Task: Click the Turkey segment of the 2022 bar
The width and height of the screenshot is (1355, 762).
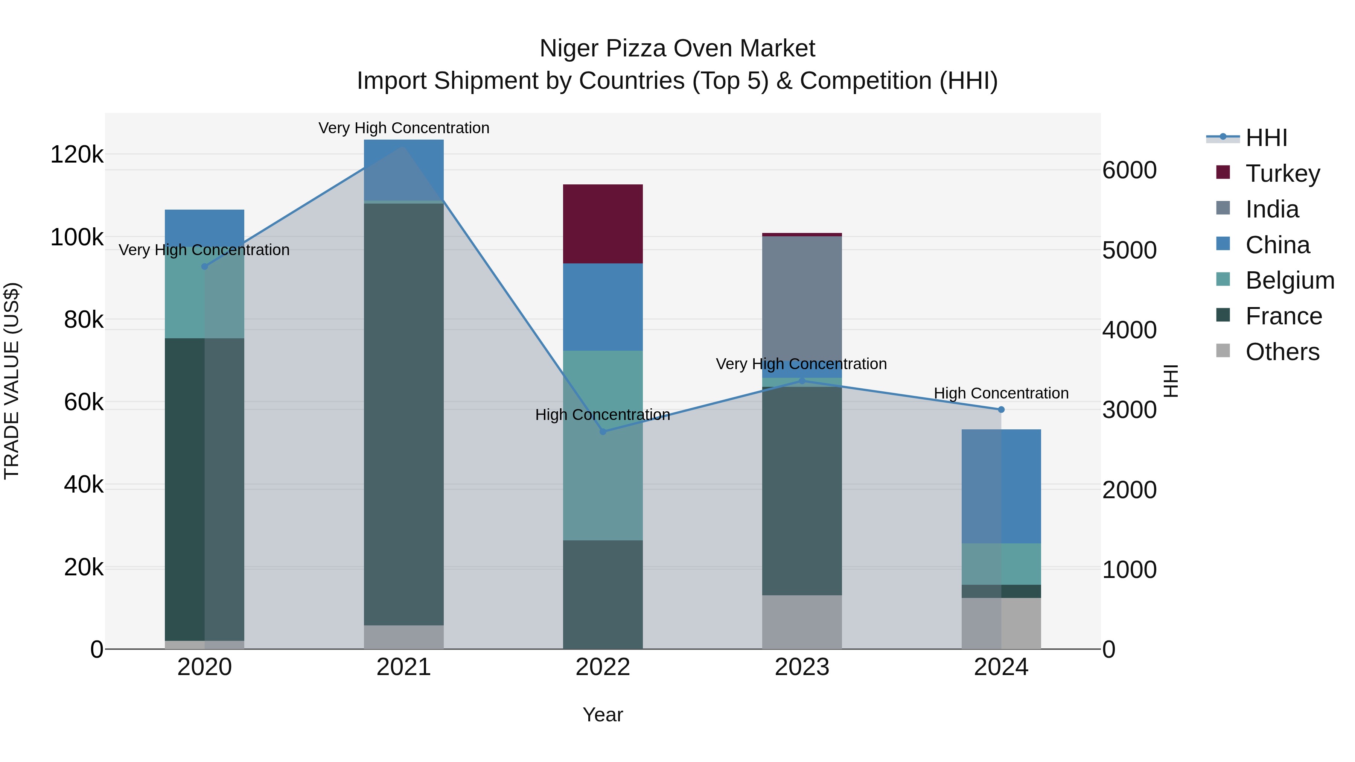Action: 603,224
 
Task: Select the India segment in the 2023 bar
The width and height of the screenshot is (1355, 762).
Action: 802,305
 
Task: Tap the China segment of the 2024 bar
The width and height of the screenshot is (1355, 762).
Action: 1001,487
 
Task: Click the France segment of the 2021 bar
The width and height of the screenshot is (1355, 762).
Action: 403,414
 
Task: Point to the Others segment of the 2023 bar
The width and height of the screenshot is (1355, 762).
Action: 802,622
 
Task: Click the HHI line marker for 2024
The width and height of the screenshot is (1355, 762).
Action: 1001,410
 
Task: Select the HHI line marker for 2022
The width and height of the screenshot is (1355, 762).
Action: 603,432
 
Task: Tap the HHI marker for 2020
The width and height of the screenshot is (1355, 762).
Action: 205,267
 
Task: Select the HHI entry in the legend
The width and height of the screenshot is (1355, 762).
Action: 1266,138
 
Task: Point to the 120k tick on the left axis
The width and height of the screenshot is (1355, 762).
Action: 77,155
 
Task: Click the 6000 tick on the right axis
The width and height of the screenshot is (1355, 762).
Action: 1129,170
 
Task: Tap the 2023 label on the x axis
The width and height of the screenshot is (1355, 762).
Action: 802,667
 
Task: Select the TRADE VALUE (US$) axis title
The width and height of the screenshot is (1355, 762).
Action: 12,381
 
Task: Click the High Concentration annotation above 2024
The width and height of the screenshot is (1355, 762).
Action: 1001,393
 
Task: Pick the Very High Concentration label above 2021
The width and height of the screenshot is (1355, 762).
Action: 403,128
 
